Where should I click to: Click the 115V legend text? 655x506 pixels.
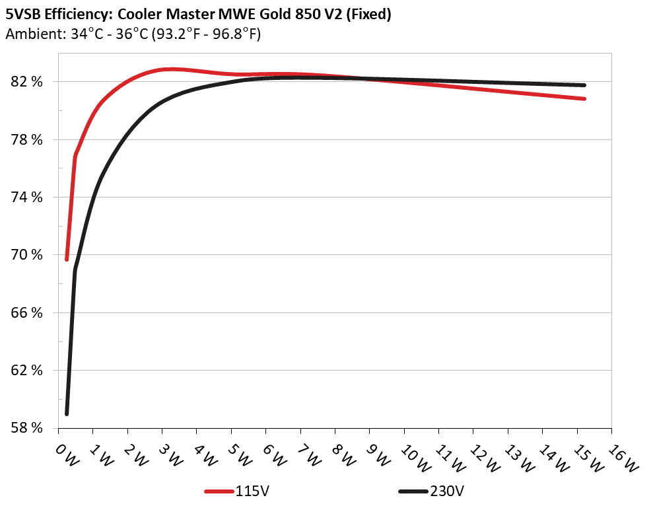tap(251, 491)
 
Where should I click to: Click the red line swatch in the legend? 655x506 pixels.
tap(220, 492)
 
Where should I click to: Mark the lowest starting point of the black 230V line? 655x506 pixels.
tap(67, 414)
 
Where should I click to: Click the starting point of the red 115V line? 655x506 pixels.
tap(67, 259)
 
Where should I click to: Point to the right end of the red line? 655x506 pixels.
tap(584, 98)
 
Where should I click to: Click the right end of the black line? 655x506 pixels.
tap(584, 85)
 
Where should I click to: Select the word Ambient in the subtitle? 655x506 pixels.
tap(30, 34)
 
